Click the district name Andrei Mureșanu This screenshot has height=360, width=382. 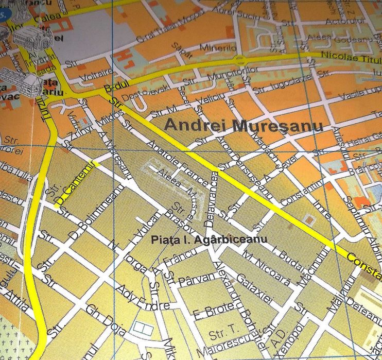pyautogui.click(x=243, y=126)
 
